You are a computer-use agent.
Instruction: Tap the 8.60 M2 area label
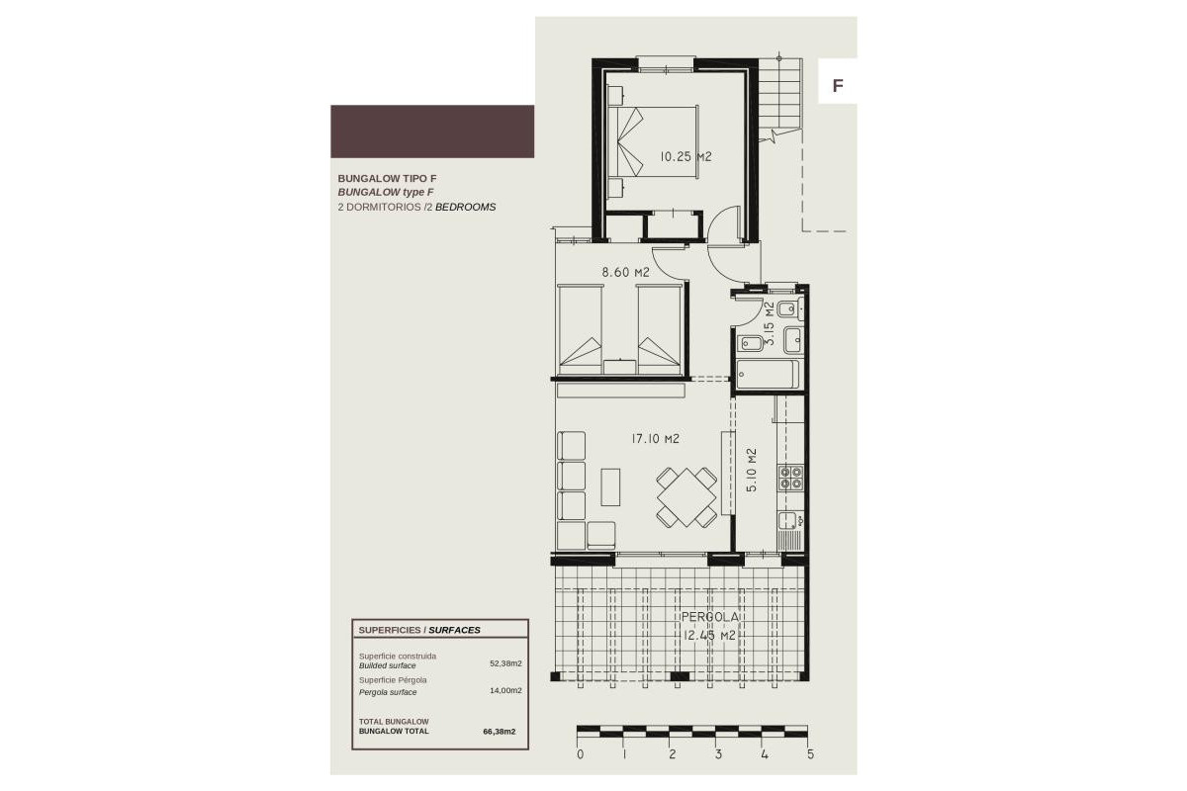pyautogui.click(x=626, y=272)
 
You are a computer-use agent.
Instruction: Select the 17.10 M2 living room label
pyautogui.click(x=655, y=438)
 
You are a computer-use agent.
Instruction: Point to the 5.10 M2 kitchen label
pyautogui.click(x=752, y=472)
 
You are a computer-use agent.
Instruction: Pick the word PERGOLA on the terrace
pyautogui.click(x=710, y=617)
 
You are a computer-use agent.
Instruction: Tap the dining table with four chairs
pyautogui.click(x=685, y=497)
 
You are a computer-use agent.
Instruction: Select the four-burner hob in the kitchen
pyautogui.click(x=790, y=479)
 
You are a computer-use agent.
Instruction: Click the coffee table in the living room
pyautogui.click(x=610, y=486)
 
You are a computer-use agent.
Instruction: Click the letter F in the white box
pyautogui.click(x=838, y=85)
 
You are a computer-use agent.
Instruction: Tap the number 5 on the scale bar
pyautogui.click(x=810, y=754)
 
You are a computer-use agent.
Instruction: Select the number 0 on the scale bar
pyautogui.click(x=580, y=754)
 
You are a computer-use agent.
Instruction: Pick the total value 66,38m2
pyautogui.click(x=500, y=732)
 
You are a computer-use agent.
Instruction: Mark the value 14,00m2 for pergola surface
pyautogui.click(x=505, y=691)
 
